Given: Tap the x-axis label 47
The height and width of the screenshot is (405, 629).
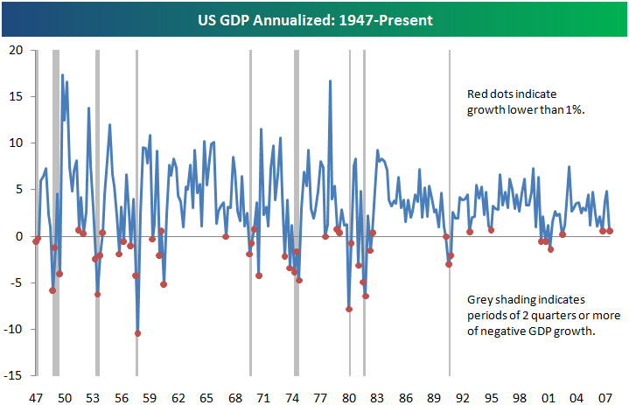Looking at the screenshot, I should [37, 395].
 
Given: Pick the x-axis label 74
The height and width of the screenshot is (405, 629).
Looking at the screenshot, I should [293, 395].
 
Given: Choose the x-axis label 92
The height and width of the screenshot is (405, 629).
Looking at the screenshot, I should [464, 395].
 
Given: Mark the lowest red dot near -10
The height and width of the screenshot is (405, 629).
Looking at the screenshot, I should [137, 333].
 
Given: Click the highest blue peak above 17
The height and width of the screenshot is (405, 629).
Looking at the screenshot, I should [62, 75].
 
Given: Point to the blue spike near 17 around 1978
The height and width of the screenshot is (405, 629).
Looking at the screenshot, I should [330, 81].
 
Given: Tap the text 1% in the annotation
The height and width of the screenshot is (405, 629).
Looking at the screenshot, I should [571, 109].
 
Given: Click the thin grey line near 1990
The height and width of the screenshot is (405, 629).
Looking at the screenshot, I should [450, 175].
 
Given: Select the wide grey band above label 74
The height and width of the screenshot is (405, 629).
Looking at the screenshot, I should [296, 175].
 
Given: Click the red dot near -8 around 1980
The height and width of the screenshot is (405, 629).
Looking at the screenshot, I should [349, 309].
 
